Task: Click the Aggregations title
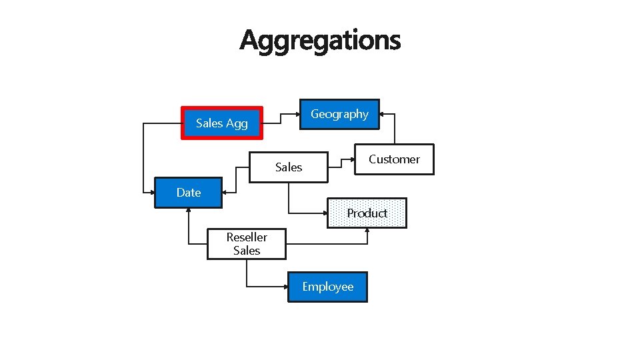coord(320,40)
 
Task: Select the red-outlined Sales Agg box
coord(222,123)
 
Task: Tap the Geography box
coord(339,114)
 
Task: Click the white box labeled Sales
coord(289,167)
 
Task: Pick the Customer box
coord(394,159)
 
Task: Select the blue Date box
coord(189,193)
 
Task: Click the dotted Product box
coord(367,213)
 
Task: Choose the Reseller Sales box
coord(247,244)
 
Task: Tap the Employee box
coord(327,287)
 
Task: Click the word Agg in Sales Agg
coord(237,123)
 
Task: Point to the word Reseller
coord(247,237)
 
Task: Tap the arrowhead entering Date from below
coord(189,211)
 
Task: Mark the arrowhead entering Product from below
coord(367,231)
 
